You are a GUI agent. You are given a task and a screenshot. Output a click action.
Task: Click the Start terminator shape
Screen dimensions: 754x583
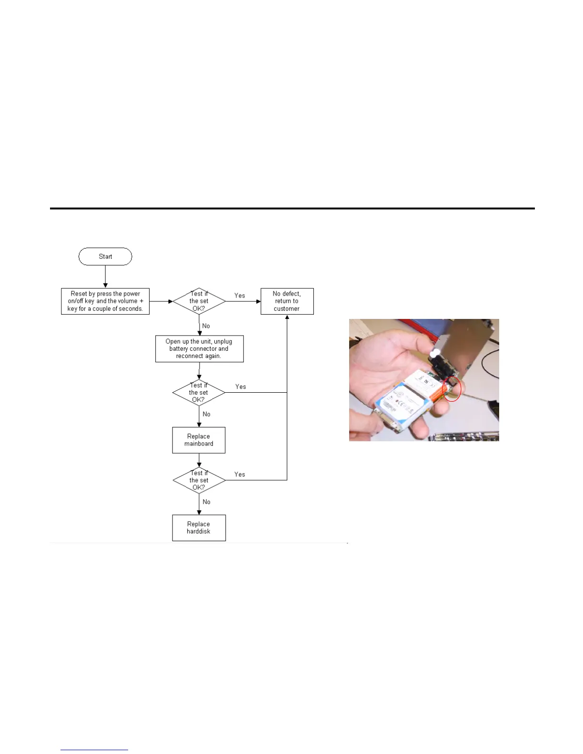105,257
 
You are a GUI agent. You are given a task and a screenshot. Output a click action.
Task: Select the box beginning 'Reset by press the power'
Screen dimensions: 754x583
105,301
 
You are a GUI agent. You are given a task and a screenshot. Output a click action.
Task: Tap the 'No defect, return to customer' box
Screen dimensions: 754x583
287,301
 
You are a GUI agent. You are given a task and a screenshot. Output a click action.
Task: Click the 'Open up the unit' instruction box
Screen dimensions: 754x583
199,349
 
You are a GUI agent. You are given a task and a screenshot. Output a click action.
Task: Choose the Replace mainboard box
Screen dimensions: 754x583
199,440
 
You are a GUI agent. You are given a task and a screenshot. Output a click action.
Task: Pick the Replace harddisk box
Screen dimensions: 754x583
199,528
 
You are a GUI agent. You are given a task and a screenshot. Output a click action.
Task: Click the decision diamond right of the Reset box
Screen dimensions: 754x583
199,301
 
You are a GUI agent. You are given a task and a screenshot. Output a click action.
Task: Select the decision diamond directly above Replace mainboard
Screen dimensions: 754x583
199,393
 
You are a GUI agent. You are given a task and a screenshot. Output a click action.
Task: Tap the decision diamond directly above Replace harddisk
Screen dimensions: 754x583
199,480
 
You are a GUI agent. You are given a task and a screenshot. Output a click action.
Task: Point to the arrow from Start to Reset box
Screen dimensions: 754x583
105,277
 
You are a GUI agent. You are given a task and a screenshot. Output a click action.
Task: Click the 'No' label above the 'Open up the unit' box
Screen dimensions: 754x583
206,326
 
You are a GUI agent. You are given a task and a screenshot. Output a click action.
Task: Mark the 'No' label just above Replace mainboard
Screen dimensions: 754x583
206,414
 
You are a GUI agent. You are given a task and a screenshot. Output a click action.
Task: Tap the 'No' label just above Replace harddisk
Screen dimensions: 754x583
206,502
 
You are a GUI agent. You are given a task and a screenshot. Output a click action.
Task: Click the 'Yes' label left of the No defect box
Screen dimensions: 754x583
240,296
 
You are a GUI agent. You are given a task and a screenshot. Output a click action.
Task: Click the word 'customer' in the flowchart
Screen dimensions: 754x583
287,309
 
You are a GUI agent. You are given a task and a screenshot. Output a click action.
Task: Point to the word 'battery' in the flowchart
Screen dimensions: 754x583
179,349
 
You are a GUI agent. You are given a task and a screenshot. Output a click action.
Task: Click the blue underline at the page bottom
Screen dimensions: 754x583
94,750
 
